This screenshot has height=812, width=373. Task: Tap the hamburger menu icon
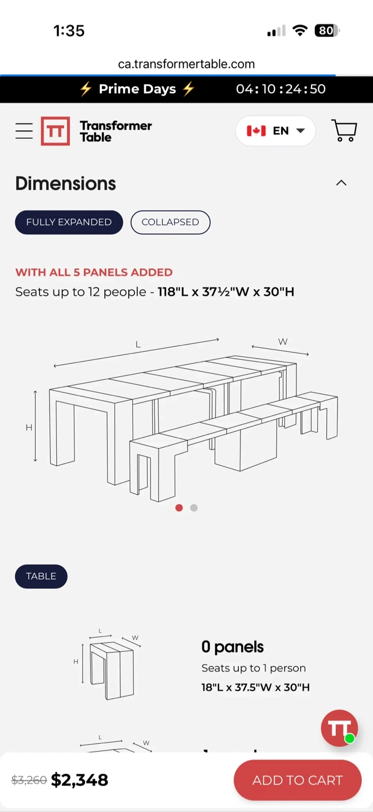pyautogui.click(x=24, y=131)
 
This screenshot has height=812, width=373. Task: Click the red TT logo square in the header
pyautogui.click(x=55, y=131)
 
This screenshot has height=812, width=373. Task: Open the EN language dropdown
pyautogui.click(x=276, y=130)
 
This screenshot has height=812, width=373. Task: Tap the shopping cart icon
pyautogui.click(x=344, y=130)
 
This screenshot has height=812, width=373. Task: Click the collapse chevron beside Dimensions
pyautogui.click(x=341, y=183)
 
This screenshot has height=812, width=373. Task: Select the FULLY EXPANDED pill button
pyautogui.click(x=69, y=222)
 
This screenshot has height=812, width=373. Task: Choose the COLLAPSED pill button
pyautogui.click(x=170, y=222)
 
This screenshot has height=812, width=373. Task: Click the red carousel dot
pyautogui.click(x=179, y=508)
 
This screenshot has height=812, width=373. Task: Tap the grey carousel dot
pyautogui.click(x=194, y=508)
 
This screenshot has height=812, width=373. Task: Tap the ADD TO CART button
pyautogui.click(x=297, y=780)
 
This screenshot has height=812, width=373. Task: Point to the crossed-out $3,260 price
pyautogui.click(x=29, y=780)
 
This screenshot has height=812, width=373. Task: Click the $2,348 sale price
pyautogui.click(x=79, y=780)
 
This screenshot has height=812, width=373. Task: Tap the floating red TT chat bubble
pyautogui.click(x=339, y=728)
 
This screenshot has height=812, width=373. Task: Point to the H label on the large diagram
pyautogui.click(x=29, y=427)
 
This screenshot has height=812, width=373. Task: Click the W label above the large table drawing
pyautogui.click(x=283, y=342)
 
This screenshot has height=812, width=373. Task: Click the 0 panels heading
pyautogui.click(x=233, y=647)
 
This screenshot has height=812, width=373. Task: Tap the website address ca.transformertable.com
pyautogui.click(x=186, y=64)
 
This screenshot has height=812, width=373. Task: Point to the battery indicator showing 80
pyautogui.click(x=327, y=30)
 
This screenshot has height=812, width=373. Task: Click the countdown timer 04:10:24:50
pyautogui.click(x=281, y=89)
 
